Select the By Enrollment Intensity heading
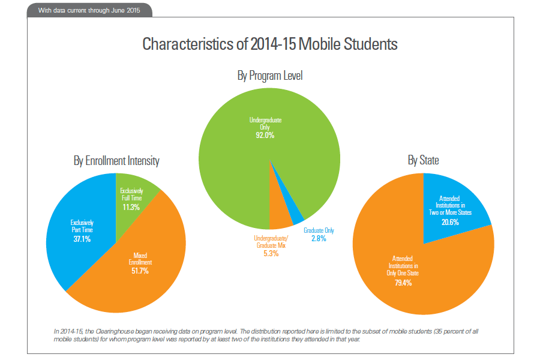(116, 161)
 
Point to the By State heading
(423, 160)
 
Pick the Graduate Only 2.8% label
(319, 235)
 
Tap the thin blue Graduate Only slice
(297, 217)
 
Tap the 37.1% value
(82, 238)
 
